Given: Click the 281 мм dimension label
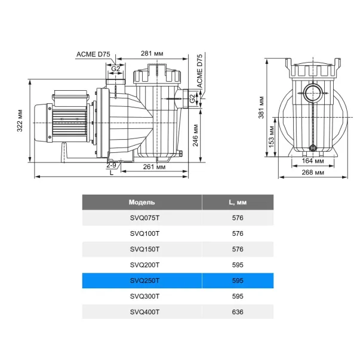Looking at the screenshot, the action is click(152, 54).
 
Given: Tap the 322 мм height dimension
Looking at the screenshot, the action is click(20, 121).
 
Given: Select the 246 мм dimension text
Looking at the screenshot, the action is click(195, 136).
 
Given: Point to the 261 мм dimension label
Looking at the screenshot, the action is click(154, 167).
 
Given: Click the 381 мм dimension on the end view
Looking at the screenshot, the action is click(261, 107).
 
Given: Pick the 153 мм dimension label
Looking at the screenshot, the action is click(272, 137).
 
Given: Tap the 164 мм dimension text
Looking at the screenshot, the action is click(313, 161).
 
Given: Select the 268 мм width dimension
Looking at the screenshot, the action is click(313, 172).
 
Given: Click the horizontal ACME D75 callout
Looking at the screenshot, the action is click(93, 54).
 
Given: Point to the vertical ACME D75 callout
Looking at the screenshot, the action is click(199, 71).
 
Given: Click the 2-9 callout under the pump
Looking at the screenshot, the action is click(112, 165).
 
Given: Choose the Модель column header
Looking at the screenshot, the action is click(142, 202).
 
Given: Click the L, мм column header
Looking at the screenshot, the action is click(238, 202).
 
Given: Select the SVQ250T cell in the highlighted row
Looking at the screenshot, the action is click(144, 281).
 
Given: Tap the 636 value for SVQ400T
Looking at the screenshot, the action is click(238, 312).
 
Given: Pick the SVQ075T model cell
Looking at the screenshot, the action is click(144, 218).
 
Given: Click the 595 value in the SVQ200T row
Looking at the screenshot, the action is click(238, 265).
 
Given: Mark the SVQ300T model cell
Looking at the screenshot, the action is click(144, 296).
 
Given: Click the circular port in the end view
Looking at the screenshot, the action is click(313, 93).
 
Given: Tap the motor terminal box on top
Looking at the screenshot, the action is click(70, 97).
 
